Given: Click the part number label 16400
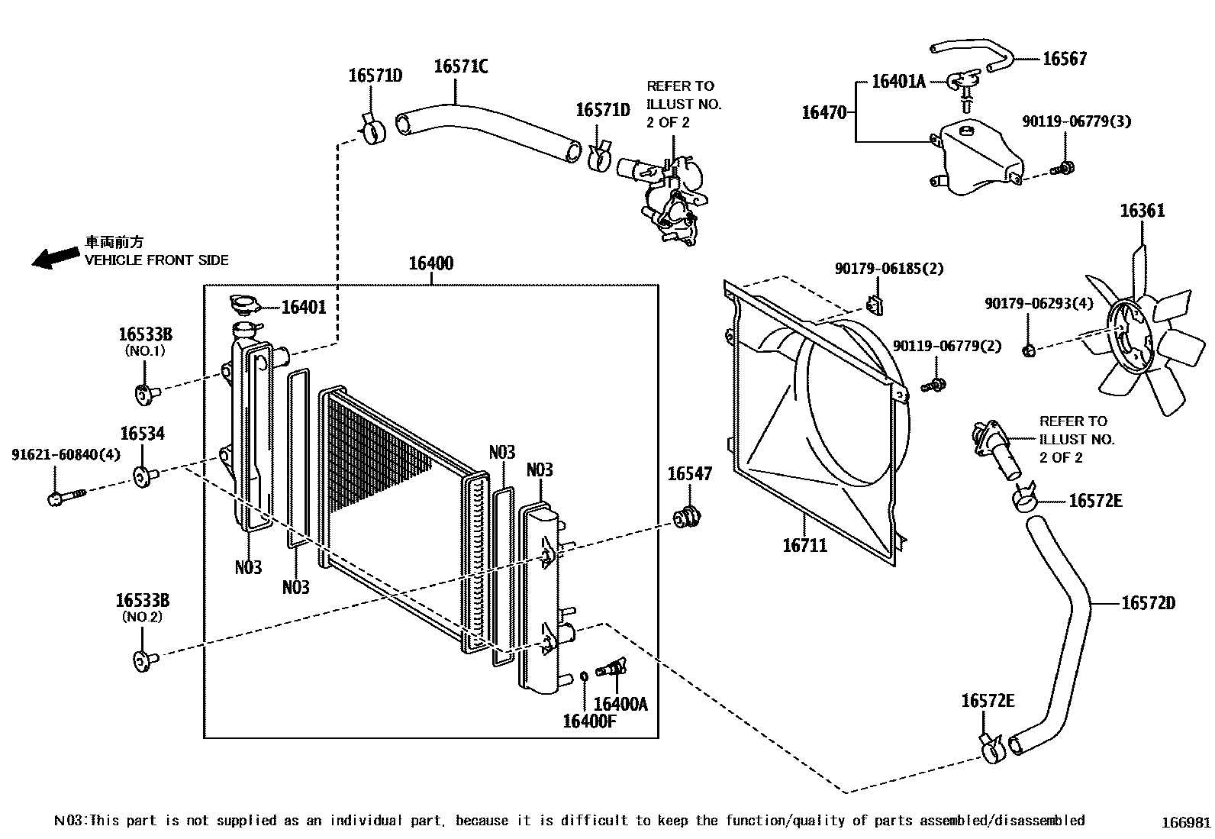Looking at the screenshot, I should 430,264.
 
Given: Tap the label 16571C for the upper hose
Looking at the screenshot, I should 460,66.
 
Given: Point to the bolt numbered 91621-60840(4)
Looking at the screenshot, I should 64,497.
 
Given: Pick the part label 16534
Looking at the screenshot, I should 142,434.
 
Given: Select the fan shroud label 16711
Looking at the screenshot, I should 804,545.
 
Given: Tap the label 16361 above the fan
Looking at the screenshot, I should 1142,211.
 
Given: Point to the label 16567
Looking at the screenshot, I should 1064,59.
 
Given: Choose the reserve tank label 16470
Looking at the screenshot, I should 823,113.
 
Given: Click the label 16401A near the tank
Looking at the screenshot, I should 898,82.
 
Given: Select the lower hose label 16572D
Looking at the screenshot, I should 1148,603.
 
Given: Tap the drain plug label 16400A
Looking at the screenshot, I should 620,704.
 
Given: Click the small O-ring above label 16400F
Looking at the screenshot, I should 584,676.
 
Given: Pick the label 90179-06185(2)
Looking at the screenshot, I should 888,269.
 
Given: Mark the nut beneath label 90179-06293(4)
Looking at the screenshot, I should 1027,350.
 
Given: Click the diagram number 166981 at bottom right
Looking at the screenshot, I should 1185,822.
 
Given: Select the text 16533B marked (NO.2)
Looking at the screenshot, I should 143,600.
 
